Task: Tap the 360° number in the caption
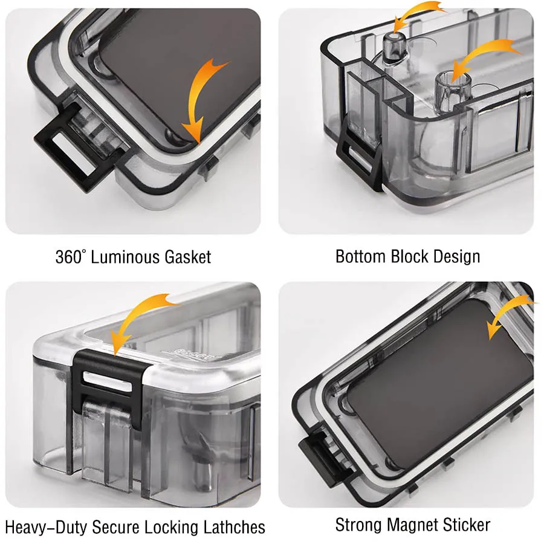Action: (70, 257)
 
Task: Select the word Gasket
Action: (188, 257)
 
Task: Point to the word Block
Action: (409, 257)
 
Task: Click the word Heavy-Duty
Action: (46, 527)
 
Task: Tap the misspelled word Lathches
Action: (234, 526)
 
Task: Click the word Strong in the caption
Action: (358, 525)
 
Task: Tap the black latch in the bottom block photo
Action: (360, 158)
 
